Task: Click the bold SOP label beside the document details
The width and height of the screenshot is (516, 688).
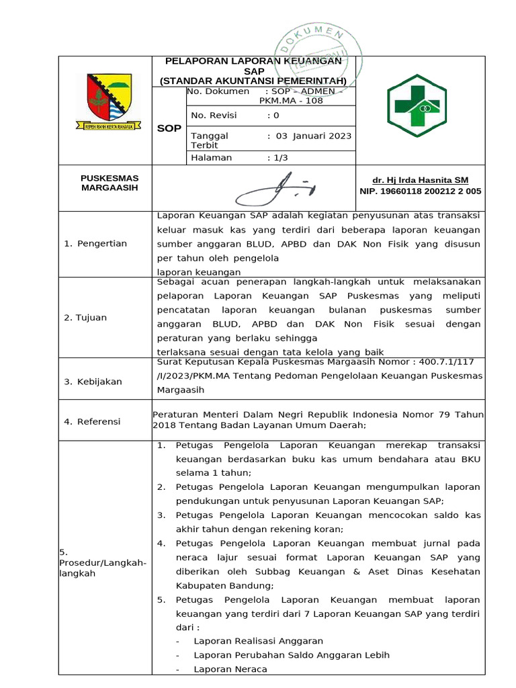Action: pyautogui.click(x=169, y=128)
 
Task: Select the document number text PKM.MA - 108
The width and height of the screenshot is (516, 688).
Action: pyautogui.click(x=291, y=101)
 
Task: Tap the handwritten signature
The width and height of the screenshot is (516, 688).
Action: pyautogui.click(x=275, y=187)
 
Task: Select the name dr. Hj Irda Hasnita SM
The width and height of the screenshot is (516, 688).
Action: pyautogui.click(x=420, y=180)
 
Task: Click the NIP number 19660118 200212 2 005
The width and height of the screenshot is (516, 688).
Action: pyautogui.click(x=420, y=191)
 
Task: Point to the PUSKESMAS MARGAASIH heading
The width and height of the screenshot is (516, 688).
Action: pyautogui.click(x=109, y=183)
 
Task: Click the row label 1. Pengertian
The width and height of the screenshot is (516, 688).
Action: pyautogui.click(x=95, y=243)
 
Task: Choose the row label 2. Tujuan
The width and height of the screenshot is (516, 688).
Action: pyautogui.click(x=85, y=317)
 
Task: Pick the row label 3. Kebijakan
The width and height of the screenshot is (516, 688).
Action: pyautogui.click(x=93, y=382)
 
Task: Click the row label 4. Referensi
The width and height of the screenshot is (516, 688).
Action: pyautogui.click(x=92, y=421)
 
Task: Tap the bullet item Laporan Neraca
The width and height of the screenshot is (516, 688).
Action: pyautogui.click(x=230, y=669)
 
